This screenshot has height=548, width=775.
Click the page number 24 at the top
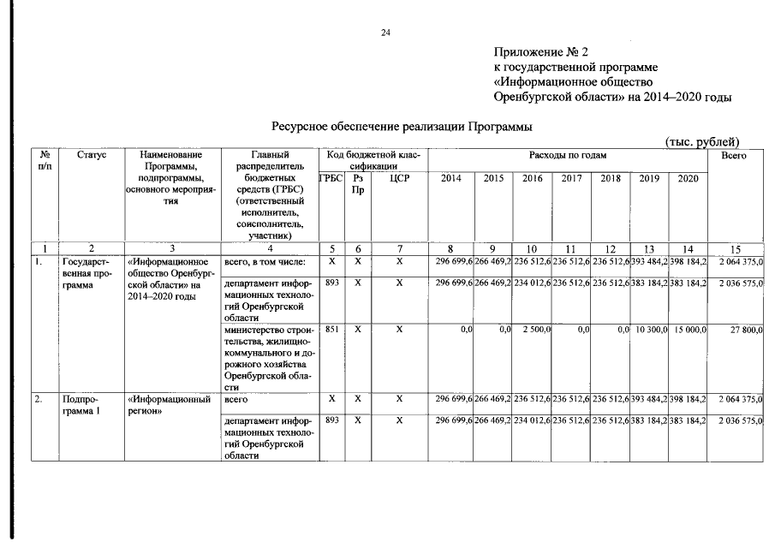pos(385,33)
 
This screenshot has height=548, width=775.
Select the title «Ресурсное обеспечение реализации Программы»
pos(402,126)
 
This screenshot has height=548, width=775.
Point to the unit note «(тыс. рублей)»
pos(701,141)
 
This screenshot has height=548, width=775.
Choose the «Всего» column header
pos(734,155)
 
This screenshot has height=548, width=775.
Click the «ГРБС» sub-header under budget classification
pos(331,177)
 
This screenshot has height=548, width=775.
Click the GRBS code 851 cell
pos(331,329)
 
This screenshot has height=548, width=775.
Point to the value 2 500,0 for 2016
pos(535,330)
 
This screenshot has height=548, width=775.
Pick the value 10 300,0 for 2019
pos(652,330)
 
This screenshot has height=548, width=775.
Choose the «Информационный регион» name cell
pos(169,405)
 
